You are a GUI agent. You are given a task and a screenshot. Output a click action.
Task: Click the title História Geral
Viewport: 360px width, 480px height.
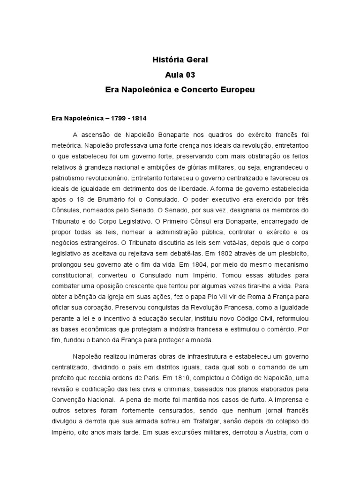(180, 60)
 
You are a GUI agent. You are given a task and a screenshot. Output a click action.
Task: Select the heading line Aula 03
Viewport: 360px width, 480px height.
(180, 75)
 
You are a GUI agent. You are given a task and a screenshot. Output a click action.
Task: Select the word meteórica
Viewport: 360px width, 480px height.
(67, 146)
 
